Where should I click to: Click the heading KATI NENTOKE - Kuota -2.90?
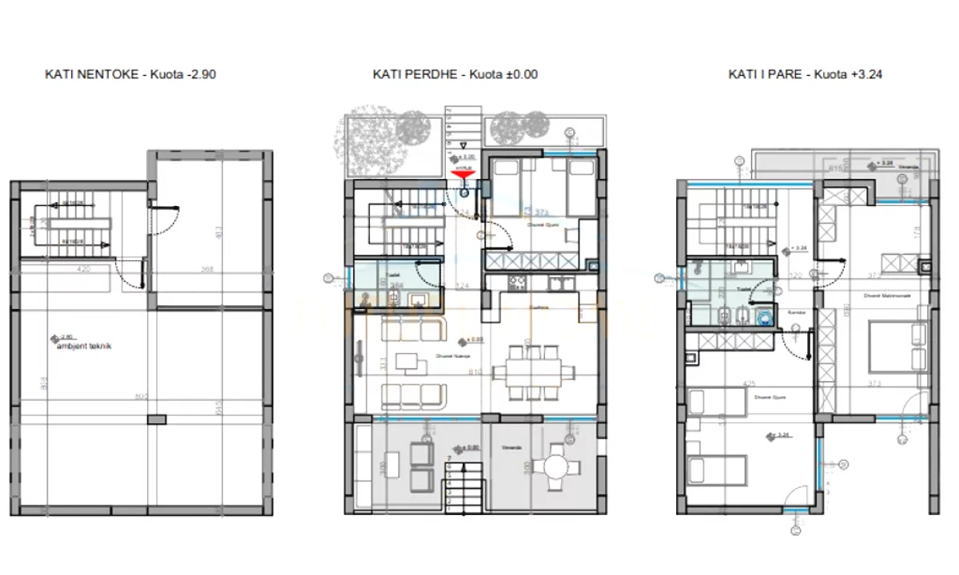pos(130,74)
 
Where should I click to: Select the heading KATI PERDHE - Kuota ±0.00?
pos(455,74)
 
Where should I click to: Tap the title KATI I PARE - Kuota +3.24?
pos(805,74)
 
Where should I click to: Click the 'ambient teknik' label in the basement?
pos(83,346)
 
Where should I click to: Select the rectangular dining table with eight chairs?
pos(535,371)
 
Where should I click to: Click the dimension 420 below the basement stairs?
pos(82,269)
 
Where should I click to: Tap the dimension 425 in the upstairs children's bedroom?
pos(750,384)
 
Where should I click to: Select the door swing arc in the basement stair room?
pos(128,276)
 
